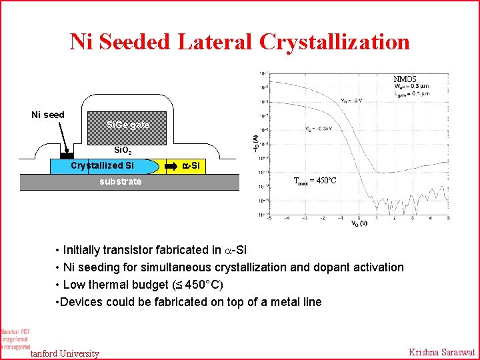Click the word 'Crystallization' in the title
pos(335,42)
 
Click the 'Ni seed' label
pos(48,115)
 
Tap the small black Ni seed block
pos(67,155)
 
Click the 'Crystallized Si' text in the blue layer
pos(103,165)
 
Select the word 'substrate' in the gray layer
pos(120,181)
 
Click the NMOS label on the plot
pos(405,79)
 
